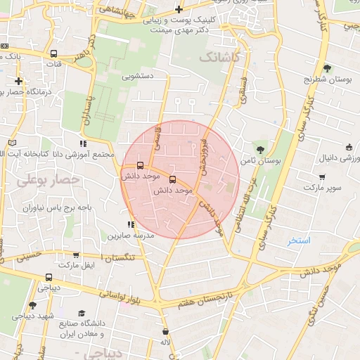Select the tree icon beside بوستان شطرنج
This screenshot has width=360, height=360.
click(327, 68)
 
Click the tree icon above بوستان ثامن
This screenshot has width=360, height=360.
click(261, 150)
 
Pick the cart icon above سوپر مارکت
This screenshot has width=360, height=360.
click(321, 177)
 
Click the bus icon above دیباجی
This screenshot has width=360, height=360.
click(49, 277)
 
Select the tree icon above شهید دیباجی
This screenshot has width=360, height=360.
click(32, 305)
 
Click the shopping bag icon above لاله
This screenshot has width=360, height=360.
click(165, 331)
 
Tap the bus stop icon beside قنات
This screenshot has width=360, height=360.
click(54, 53)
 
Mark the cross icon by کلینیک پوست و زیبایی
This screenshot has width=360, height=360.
click(179, 9)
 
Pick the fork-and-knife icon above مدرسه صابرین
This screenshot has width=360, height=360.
click(131, 224)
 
